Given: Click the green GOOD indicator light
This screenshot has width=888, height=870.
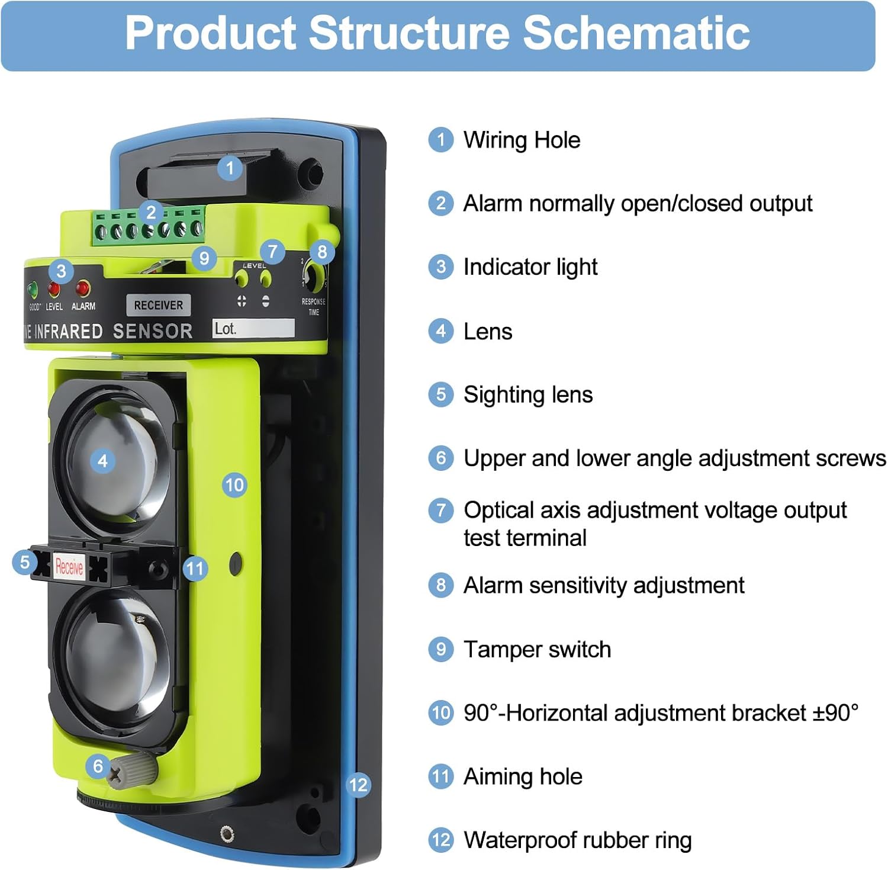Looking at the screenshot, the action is click(x=33, y=290).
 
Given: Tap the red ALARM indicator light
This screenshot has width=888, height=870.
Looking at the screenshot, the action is click(x=82, y=288).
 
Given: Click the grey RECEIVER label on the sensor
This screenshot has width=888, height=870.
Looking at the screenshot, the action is click(x=158, y=305).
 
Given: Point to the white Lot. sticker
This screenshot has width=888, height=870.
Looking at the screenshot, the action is click(x=253, y=329).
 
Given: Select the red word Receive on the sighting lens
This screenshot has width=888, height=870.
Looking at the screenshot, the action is click(x=69, y=567).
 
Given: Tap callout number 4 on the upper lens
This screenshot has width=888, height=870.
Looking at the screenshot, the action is click(x=102, y=461).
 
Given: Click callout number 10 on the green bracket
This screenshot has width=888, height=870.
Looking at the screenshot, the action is click(x=234, y=485).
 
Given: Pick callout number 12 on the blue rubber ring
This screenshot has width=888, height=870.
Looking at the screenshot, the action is click(x=358, y=785).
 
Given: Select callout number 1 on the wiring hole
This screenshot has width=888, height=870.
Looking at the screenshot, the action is click(x=230, y=168).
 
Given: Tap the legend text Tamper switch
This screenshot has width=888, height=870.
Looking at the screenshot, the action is click(x=537, y=650).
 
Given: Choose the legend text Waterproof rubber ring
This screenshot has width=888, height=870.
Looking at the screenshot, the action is click(x=577, y=840).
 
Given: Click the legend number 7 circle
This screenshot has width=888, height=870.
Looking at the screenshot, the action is click(x=440, y=511).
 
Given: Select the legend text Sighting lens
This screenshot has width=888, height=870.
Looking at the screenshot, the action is click(x=527, y=395).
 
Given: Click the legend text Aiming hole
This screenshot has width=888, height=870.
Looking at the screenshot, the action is click(x=523, y=776).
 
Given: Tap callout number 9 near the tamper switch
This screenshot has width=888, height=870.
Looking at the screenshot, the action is click(x=204, y=258).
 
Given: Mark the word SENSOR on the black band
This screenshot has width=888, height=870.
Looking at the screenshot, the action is click(x=153, y=331).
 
